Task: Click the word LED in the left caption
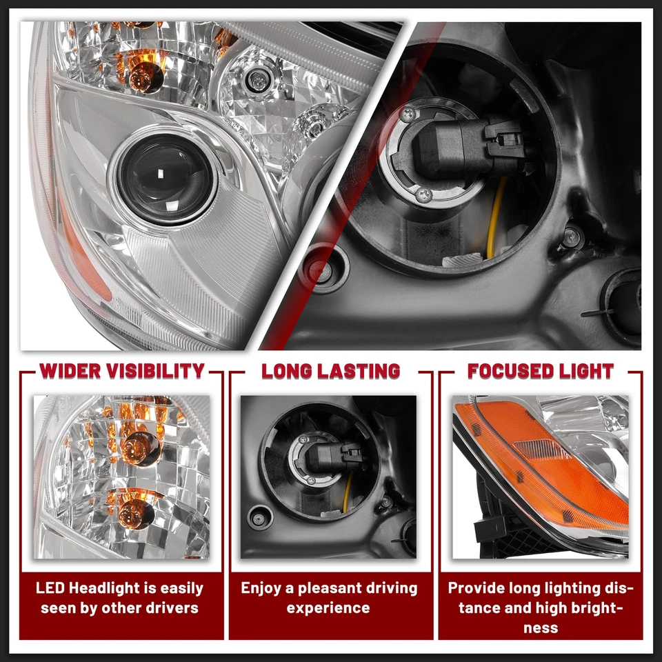[x=52, y=588]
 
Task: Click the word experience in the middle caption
[x=328, y=608]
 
